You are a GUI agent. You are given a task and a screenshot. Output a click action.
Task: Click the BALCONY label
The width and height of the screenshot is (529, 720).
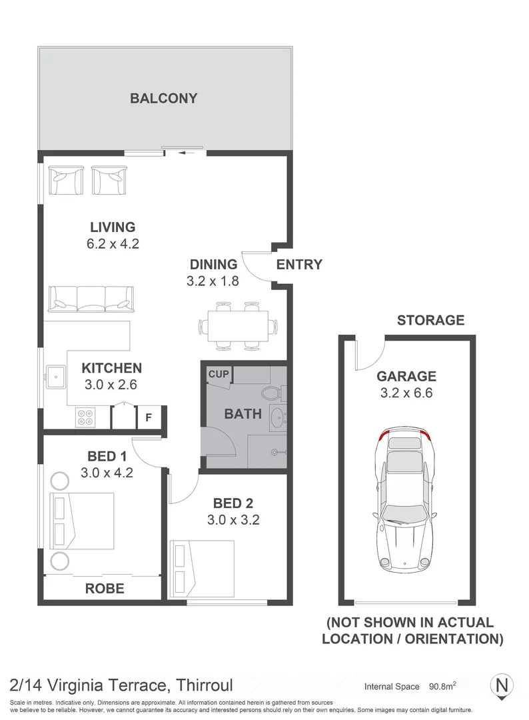[163, 99]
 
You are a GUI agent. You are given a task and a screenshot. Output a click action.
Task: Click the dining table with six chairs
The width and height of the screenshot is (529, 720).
[238, 326]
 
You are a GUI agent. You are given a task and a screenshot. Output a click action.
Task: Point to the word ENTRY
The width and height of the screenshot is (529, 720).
[299, 264]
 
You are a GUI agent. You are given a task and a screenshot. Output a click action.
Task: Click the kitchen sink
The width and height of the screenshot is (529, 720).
[55, 377]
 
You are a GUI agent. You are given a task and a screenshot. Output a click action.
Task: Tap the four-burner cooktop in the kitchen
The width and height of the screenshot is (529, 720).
[85, 416]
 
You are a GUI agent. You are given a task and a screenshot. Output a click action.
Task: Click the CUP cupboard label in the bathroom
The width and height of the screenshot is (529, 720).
[217, 375]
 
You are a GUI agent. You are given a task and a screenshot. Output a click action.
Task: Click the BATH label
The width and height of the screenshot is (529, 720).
[243, 414]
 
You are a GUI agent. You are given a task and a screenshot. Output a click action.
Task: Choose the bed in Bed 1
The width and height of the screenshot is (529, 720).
[83, 523]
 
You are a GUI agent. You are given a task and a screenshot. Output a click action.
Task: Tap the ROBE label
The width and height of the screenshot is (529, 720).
[105, 588]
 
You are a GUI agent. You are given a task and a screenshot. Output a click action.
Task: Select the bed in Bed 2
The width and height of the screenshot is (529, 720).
[203, 568]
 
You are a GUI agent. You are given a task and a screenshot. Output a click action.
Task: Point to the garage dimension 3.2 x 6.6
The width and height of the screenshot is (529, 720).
[406, 393]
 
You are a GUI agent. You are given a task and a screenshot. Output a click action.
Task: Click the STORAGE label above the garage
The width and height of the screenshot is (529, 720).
[430, 320]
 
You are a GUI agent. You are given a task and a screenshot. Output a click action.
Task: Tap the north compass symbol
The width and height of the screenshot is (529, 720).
[503, 685]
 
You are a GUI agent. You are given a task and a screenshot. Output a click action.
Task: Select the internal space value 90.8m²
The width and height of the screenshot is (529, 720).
[442, 686]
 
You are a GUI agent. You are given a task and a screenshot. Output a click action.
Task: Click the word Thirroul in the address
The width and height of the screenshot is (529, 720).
[203, 684]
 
